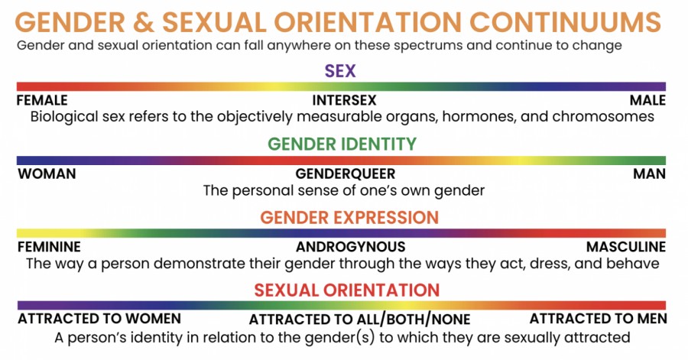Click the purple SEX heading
(x=340, y=70)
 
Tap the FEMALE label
(x=42, y=100)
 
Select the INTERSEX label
(x=345, y=100)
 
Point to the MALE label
(x=647, y=100)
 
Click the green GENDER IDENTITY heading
(x=342, y=144)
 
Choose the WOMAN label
(x=47, y=174)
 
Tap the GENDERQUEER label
(x=346, y=174)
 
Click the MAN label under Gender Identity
(x=649, y=174)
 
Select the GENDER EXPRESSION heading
(x=349, y=218)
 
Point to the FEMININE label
(x=49, y=247)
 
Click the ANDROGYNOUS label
(x=351, y=247)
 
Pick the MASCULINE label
(x=626, y=247)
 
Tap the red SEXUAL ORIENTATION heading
(x=346, y=290)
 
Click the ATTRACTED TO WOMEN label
(x=99, y=318)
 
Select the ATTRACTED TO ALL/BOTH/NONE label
(x=360, y=319)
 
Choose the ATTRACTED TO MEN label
(x=598, y=318)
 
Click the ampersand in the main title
(x=144, y=22)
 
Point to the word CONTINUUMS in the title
(x=565, y=22)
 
